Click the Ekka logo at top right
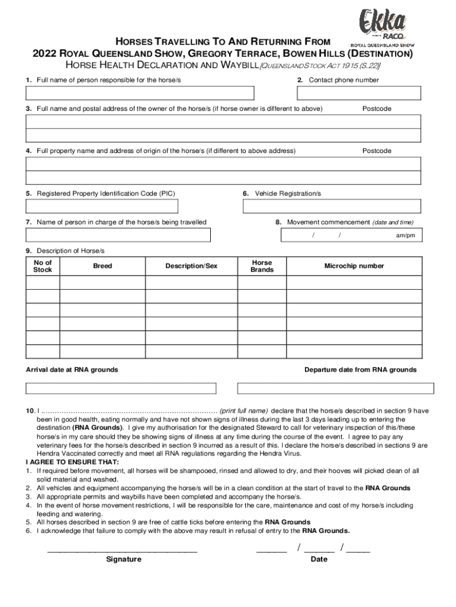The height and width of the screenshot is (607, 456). pyautogui.click(x=383, y=26)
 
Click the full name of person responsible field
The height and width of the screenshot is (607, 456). pyautogui.click(x=140, y=93)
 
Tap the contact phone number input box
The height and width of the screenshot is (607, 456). pyautogui.click(x=359, y=93)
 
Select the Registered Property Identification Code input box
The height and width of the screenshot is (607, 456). pyautogui.click(x=102, y=206)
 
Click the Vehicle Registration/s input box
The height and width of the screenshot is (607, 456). pyautogui.click(x=332, y=206)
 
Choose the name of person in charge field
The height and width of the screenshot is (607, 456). pyautogui.click(x=118, y=235)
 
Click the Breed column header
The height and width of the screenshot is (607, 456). pyautogui.click(x=102, y=266)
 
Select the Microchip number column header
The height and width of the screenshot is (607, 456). pyautogui.click(x=354, y=266)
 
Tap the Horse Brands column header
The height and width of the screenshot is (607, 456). pyautogui.click(x=262, y=266)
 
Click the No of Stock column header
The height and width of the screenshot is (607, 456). pyautogui.click(x=43, y=266)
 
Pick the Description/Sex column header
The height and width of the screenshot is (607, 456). pyautogui.click(x=191, y=266)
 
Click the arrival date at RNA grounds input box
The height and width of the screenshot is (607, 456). pyautogui.click(x=121, y=388)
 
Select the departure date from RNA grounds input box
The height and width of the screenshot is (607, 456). pyautogui.click(x=335, y=388)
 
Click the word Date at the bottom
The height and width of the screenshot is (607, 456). pyautogui.click(x=319, y=560)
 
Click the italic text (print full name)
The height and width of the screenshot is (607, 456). pyautogui.click(x=243, y=411)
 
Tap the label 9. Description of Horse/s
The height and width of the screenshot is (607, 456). pyautogui.click(x=65, y=251)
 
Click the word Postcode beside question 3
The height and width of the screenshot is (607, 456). pyautogui.click(x=377, y=109)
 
